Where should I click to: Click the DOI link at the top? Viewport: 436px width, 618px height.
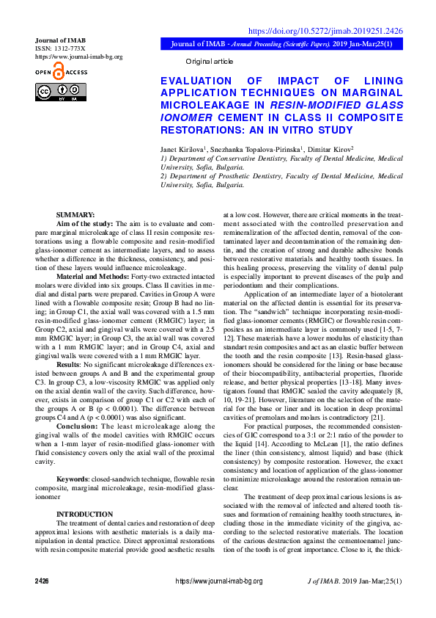pyautogui.click(x=326, y=31)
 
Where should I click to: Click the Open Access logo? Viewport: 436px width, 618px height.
pyautogui.click(x=60, y=72)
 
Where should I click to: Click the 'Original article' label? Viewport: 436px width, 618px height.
pyautogui.click(x=209, y=62)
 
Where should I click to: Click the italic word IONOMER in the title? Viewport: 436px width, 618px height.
pyautogui.click(x=184, y=116)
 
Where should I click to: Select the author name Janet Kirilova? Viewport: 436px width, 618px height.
pyautogui.click(x=182, y=150)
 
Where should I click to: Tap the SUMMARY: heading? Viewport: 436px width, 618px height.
pyautogui.click(x=75, y=214)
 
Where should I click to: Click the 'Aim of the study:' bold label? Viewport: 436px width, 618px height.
pyautogui.click(x=84, y=222)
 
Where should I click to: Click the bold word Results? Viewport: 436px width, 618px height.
pyautogui.click(x=68, y=343)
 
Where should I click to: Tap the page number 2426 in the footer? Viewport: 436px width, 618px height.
pyautogui.click(x=42, y=601)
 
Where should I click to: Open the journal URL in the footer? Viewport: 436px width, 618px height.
pyautogui.click(x=218, y=601)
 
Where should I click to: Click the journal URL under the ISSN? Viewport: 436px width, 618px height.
pyautogui.click(x=78, y=56)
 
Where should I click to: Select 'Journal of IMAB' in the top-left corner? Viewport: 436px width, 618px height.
pyautogui.click(x=61, y=40)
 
